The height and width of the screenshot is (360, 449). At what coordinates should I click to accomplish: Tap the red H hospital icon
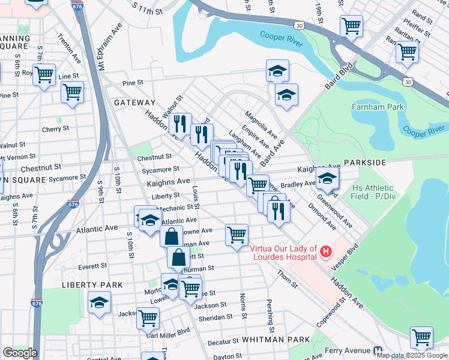[x=325, y=251]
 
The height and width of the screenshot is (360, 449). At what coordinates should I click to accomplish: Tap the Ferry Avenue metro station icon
[x=378, y=350]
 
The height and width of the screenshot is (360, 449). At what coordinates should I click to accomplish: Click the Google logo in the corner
[x=20, y=353]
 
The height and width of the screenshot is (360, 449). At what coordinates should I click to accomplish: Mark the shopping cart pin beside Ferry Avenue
[x=421, y=337]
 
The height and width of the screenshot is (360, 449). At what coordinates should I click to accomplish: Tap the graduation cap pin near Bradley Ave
[x=327, y=178]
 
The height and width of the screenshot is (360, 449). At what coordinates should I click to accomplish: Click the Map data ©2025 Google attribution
[x=412, y=355]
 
